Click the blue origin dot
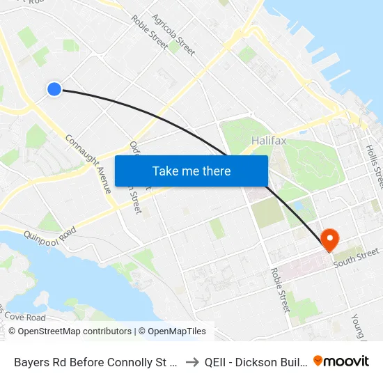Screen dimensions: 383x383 point(54,88)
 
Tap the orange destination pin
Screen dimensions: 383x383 point(329,239)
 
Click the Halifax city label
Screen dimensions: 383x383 point(268,141)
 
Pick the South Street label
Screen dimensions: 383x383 point(356,256)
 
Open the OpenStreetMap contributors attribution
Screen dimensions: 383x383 point(70,331)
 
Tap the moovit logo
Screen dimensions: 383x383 point(341,361)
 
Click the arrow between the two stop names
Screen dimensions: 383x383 point(191,361)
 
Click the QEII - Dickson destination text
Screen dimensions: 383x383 point(254,361)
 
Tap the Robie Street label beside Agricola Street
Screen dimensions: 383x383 point(149,32)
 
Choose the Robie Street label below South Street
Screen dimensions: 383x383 point(280,290)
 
